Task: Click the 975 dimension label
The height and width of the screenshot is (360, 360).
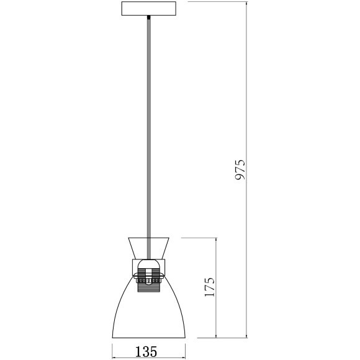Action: [x=240, y=169]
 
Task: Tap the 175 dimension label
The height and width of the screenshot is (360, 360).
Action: [x=210, y=287]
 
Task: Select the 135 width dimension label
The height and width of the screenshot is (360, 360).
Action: [x=146, y=351]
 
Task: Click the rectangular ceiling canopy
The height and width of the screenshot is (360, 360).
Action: [x=149, y=9]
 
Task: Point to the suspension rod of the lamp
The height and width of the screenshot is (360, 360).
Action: [x=149, y=138]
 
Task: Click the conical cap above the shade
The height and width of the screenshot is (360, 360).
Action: [x=148, y=248]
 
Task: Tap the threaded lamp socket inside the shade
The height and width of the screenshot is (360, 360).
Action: [x=149, y=281]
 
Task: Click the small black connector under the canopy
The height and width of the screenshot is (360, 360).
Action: [x=149, y=17]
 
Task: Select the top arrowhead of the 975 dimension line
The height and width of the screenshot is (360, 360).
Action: [x=247, y=4]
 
